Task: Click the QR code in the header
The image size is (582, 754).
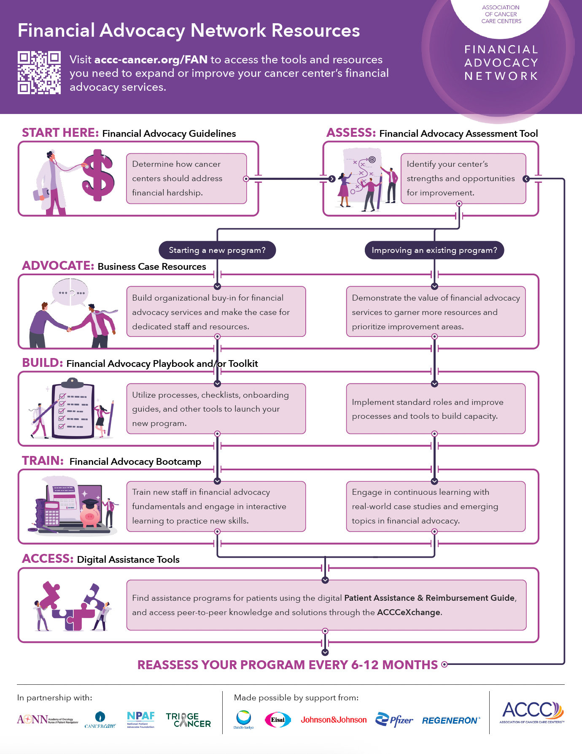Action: point(39,73)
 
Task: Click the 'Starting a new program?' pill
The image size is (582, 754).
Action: point(217,250)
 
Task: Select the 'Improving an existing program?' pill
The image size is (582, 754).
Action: point(434,250)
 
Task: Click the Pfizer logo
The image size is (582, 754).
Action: point(394,720)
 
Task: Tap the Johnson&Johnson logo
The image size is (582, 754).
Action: point(334,720)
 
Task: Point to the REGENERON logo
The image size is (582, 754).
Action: point(450,721)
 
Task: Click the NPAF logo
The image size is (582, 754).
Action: point(140,719)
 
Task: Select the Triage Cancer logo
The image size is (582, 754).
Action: point(188,720)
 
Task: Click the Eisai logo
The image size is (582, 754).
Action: point(278,720)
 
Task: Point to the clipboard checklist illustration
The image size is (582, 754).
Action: point(73,410)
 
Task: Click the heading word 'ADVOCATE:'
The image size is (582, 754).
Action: point(58,266)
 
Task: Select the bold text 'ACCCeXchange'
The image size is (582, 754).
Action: point(409,613)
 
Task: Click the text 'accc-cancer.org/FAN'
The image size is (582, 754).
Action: point(151,60)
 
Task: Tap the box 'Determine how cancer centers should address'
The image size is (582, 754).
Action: point(186,179)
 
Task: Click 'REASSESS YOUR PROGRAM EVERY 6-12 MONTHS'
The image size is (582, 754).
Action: point(287,665)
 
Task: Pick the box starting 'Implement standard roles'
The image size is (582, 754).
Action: point(436,409)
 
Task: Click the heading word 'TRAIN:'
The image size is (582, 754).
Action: point(43,461)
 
